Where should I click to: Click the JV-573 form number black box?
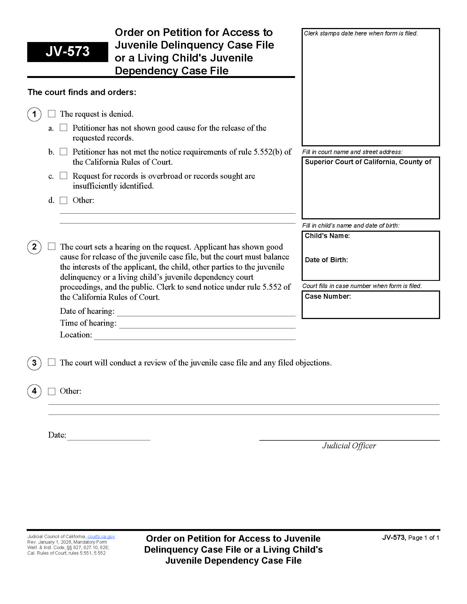coord(68,52)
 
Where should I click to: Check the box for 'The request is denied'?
coord(52,114)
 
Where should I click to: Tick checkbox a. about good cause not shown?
coord(64,127)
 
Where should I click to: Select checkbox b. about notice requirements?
coord(64,152)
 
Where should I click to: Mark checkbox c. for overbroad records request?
coord(64,176)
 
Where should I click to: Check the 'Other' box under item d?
coord(64,200)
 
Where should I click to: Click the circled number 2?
coord(34,247)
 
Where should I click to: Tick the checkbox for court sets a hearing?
coord(52,247)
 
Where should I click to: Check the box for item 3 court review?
coord(52,362)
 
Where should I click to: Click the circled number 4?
coord(34,391)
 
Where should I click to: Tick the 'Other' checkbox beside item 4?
coord(52,391)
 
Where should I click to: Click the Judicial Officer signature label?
coord(349,446)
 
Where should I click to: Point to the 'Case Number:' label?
coord(327,297)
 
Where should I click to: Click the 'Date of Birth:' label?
coord(326,260)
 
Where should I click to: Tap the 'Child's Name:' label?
coord(327,236)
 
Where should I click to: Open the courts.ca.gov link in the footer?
coord(101,536)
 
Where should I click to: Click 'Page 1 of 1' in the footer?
coord(424,538)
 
